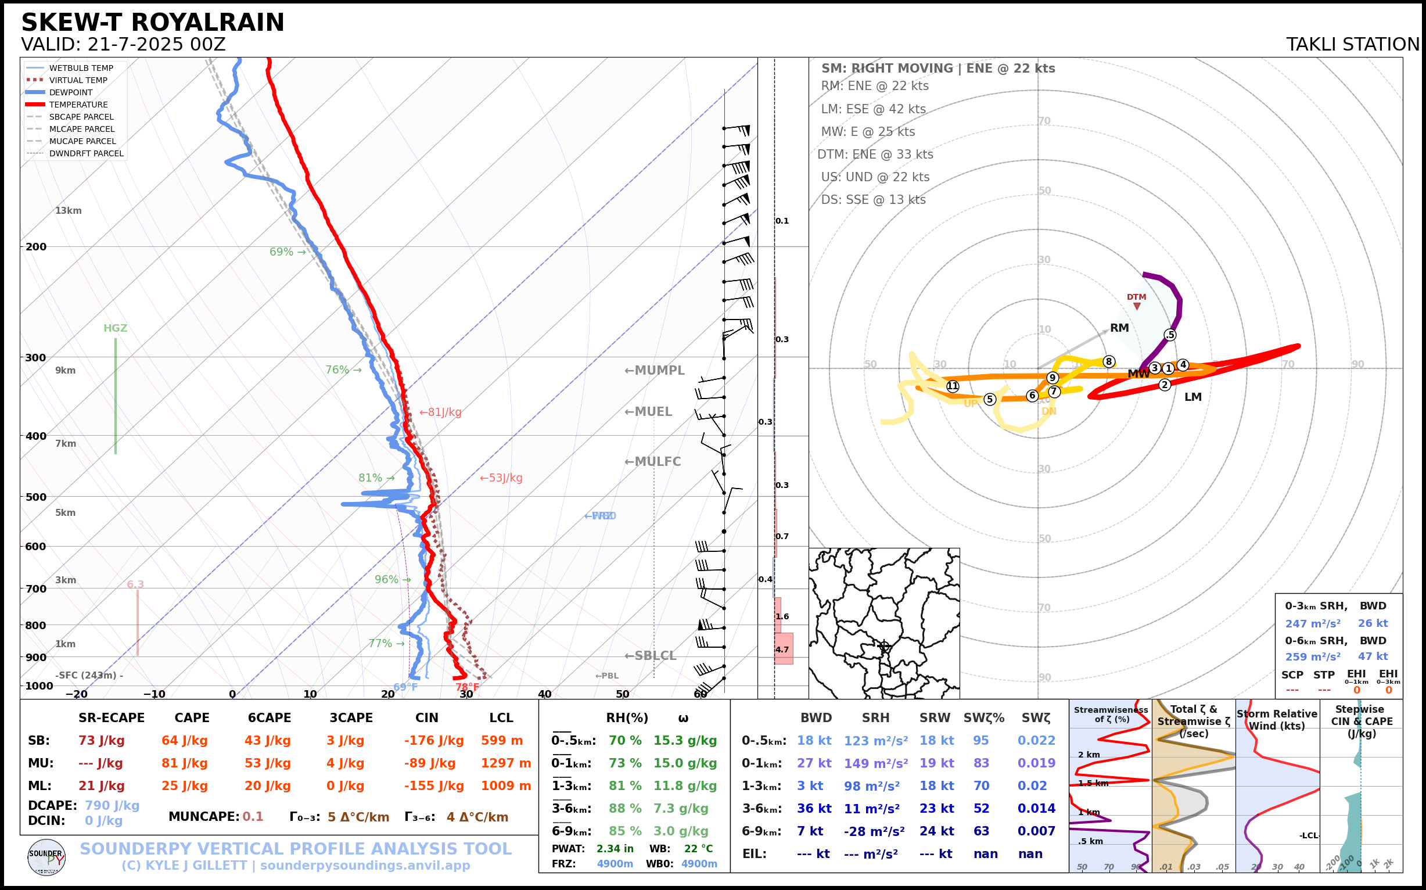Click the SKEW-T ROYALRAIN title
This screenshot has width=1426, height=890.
152,23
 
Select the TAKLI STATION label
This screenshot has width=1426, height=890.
1352,45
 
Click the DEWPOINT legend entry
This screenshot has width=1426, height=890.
71,92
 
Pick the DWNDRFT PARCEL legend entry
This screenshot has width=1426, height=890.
86,153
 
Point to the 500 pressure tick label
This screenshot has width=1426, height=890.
35,497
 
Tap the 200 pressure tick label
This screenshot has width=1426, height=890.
35,247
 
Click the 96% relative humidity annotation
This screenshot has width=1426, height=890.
387,580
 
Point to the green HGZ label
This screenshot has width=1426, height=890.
116,328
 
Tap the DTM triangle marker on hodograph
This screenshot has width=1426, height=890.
1137,306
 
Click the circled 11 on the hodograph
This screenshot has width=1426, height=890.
953,386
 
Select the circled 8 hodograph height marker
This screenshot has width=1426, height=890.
1109,361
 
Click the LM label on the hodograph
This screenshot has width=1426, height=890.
1192,397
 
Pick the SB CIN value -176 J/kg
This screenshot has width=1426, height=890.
434,741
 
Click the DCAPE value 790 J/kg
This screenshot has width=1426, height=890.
112,805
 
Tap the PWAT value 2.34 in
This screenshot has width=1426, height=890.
615,849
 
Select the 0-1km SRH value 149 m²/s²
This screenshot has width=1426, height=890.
876,763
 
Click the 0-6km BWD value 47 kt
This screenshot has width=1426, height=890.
1373,656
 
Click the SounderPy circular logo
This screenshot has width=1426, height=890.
46,857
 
